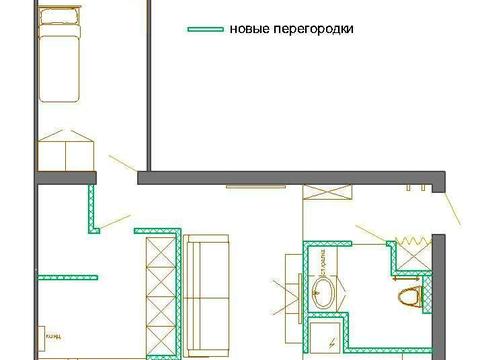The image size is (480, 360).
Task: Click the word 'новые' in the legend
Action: point(245,29)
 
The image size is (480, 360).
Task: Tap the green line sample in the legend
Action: point(204,29)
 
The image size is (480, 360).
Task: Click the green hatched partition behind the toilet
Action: point(429,295)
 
